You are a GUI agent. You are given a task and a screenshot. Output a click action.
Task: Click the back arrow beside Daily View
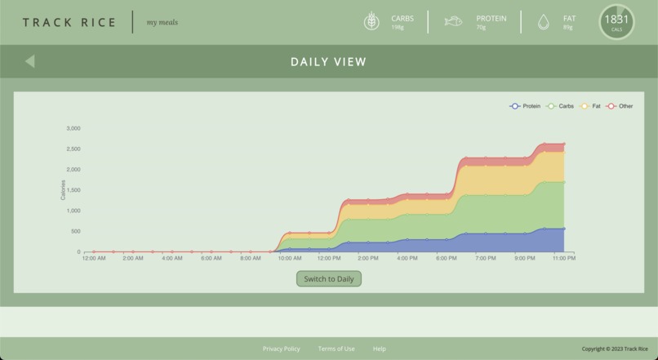[x=29, y=61]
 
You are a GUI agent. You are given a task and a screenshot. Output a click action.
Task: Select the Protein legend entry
[x=526, y=106]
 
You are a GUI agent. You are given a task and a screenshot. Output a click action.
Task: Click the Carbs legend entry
[x=561, y=106]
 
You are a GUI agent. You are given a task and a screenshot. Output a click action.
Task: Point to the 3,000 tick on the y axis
[x=73, y=128]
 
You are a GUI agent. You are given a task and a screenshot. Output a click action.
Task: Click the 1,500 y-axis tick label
[x=73, y=190]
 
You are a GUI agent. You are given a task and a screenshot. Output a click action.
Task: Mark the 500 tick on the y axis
[x=74, y=232]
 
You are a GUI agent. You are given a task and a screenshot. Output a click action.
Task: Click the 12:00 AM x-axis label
[x=94, y=259]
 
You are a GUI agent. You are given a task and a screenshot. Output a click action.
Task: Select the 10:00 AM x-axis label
[x=290, y=259]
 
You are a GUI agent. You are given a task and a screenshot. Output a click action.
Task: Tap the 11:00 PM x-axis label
[x=564, y=259]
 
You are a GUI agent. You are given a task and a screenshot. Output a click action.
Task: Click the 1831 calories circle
[x=616, y=22]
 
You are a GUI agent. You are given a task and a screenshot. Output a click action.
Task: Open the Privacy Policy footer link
[x=281, y=349]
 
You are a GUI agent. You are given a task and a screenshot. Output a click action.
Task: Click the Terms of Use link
[x=336, y=349]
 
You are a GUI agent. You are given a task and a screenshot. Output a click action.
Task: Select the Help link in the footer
[x=380, y=349]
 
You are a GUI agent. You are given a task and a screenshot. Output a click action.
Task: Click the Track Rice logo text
[x=69, y=22]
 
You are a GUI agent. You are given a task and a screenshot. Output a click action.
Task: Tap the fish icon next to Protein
[x=453, y=22]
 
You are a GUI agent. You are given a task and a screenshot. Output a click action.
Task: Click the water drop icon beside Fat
[x=544, y=22]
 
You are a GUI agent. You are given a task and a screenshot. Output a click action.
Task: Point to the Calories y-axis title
[x=64, y=190]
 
